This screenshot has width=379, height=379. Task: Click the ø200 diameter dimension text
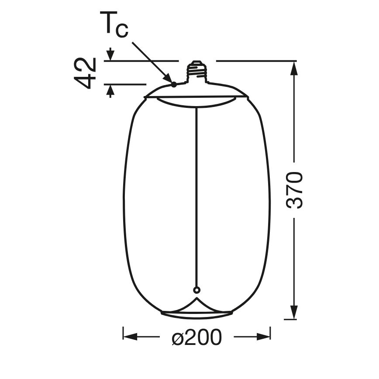click(x=196, y=338)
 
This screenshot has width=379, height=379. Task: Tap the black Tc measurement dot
click(x=174, y=84)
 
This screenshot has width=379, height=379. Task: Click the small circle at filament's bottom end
click(x=196, y=289)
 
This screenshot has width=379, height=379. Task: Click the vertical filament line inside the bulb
click(x=196, y=196)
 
